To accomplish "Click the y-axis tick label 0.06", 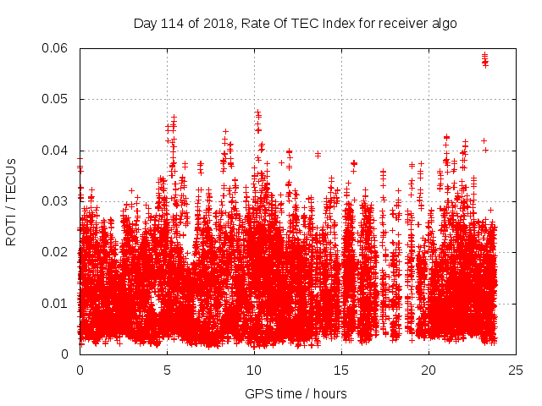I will [x=57, y=49].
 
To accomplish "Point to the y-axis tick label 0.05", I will [x=57, y=100].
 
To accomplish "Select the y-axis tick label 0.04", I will [x=57, y=151].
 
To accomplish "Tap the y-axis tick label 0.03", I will [x=57, y=201].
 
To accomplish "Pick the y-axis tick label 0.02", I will [x=57, y=252].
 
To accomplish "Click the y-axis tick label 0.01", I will [x=57, y=303].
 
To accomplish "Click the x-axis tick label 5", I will [x=167, y=370].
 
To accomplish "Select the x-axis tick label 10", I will [x=254, y=370].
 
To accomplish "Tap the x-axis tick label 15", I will [x=341, y=370].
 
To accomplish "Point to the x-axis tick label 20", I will [x=429, y=370].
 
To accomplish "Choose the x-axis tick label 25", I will [x=516, y=370].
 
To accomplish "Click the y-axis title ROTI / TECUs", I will [x=11, y=201].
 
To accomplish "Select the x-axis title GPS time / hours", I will [x=296, y=394].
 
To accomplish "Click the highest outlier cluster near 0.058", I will [x=484, y=59].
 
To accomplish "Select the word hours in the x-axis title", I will [x=328, y=394].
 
